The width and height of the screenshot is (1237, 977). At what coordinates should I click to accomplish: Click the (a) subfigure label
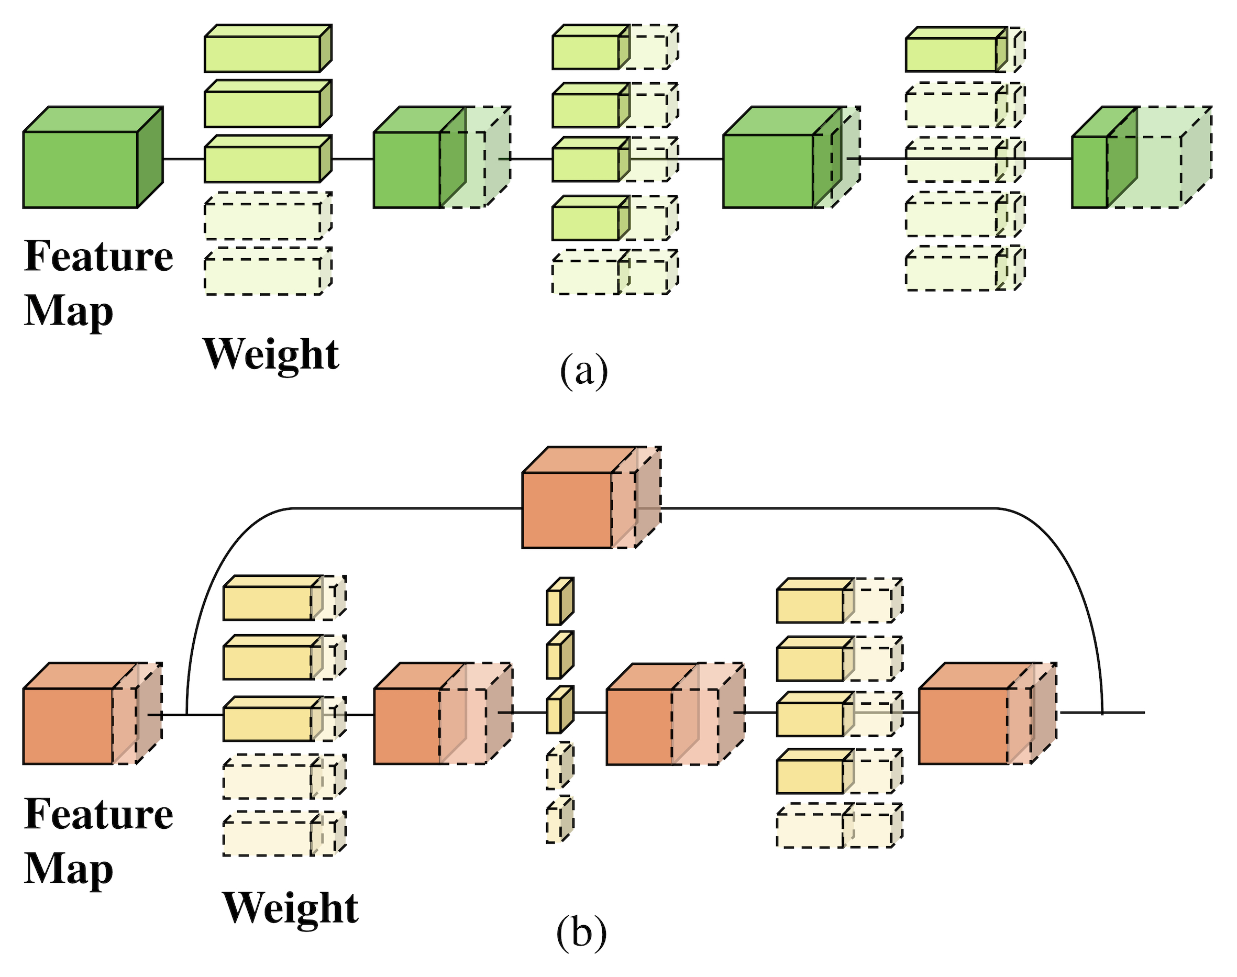[583, 371]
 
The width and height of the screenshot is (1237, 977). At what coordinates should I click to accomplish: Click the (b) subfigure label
[581, 932]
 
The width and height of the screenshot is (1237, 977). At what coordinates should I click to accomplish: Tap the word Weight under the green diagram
[271, 354]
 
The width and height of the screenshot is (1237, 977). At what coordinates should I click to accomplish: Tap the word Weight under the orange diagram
[290, 908]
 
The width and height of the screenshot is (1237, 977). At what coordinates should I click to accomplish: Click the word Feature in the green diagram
[98, 256]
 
